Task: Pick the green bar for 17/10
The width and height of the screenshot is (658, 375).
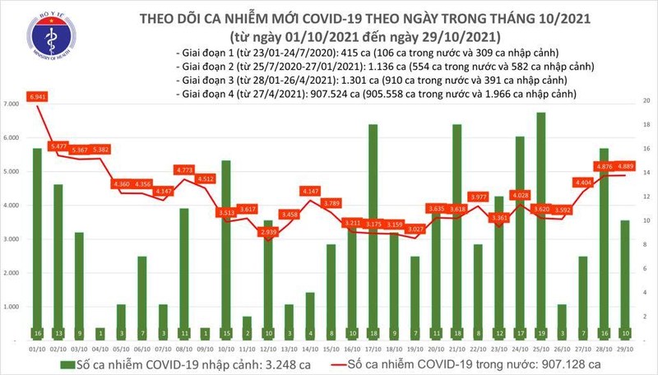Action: (x=373, y=230)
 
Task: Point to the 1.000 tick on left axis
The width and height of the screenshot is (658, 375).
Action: (x=12, y=307)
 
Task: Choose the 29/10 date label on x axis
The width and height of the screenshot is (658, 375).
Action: (x=624, y=350)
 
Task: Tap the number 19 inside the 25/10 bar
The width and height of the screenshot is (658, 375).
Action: (x=540, y=332)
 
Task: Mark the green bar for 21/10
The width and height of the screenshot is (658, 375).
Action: (x=456, y=230)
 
